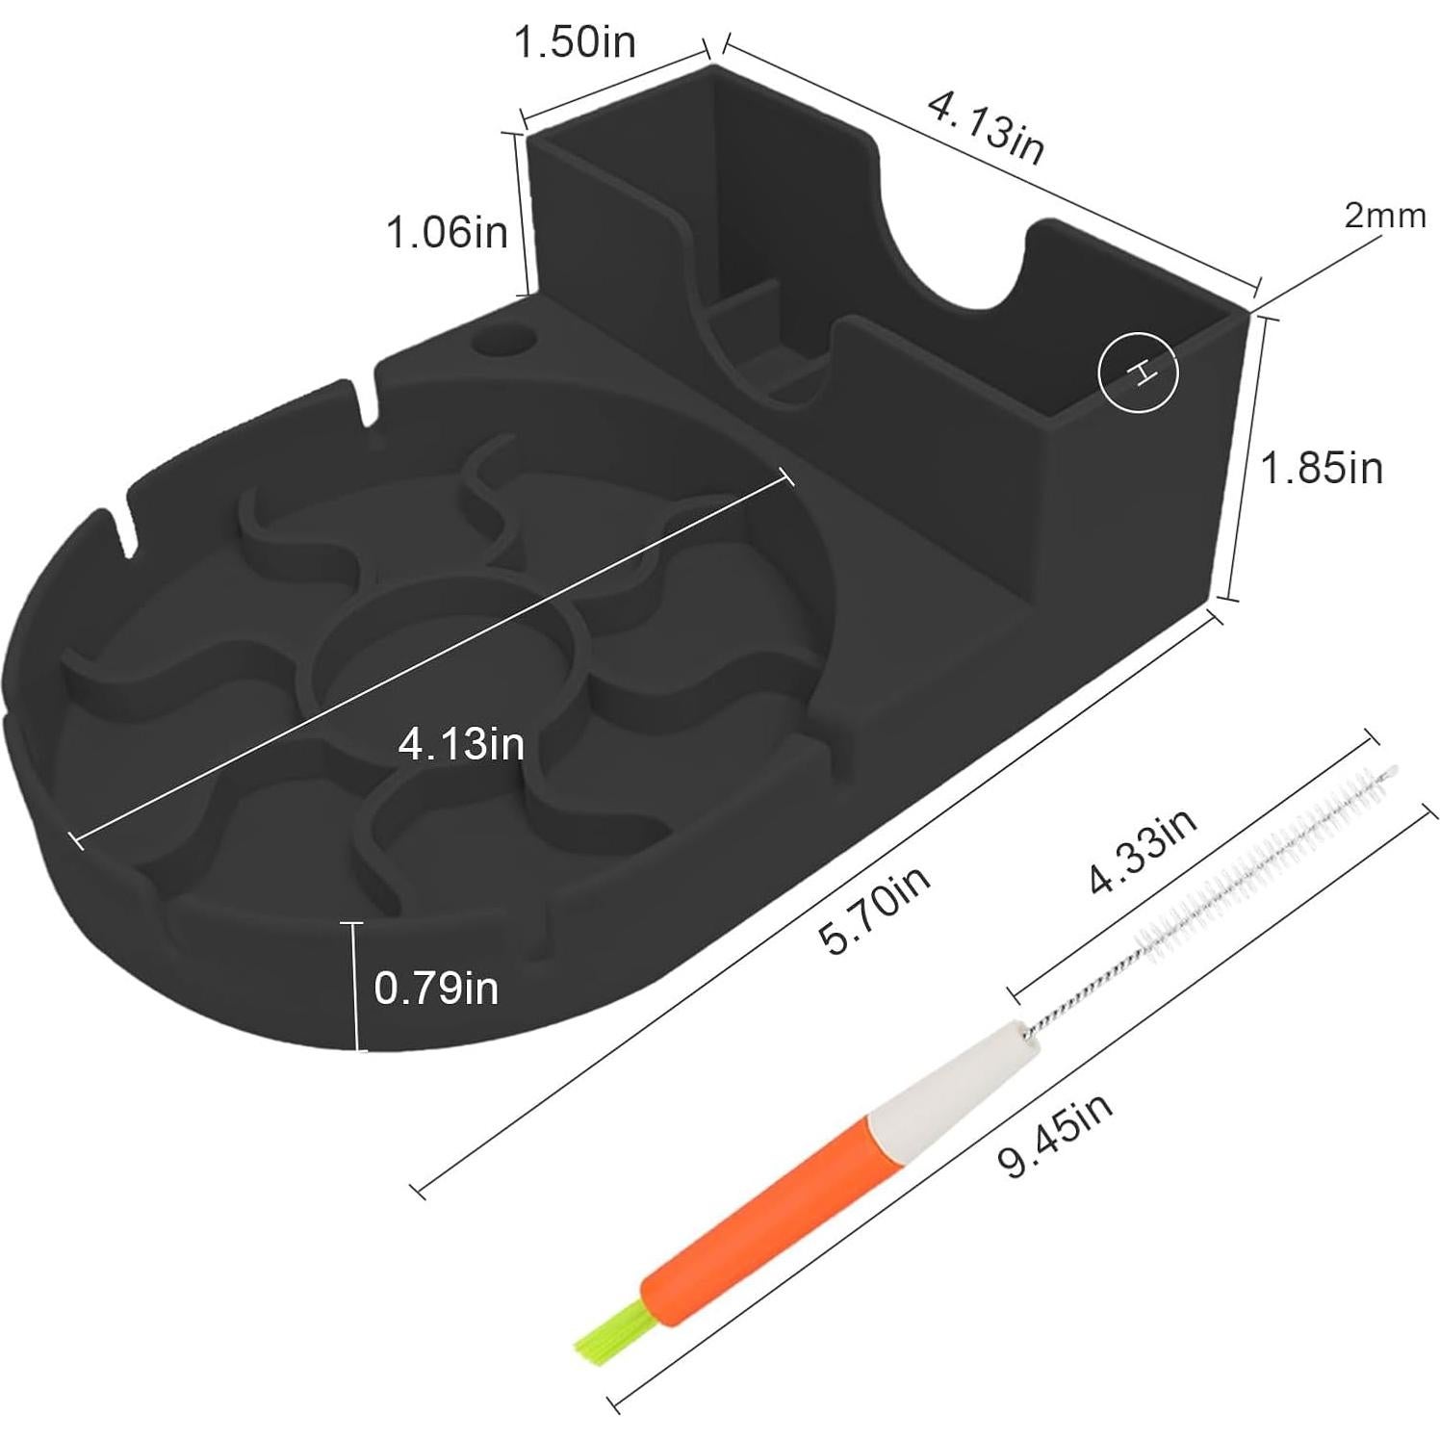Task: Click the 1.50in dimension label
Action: [x=575, y=42]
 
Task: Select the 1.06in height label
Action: [x=447, y=232]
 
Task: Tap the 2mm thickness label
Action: [x=1385, y=216]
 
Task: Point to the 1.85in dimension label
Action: [x=1322, y=468]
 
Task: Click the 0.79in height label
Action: [x=436, y=988]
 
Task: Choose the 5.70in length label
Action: [x=875, y=910]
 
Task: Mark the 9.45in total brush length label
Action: [x=1056, y=1134]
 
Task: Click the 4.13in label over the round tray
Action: [x=461, y=744]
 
